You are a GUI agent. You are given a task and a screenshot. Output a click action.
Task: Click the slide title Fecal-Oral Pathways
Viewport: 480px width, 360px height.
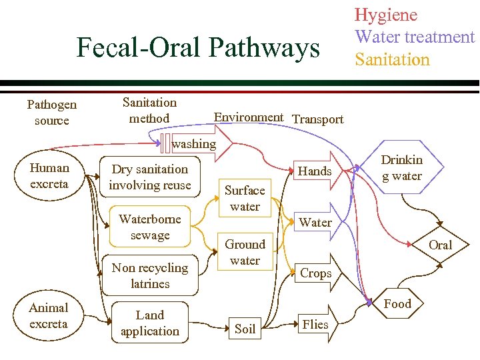(x=198, y=48)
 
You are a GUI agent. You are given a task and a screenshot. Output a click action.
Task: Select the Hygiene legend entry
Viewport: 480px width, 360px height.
(x=385, y=15)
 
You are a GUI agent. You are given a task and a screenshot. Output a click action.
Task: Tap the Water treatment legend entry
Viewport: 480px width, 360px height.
(x=415, y=37)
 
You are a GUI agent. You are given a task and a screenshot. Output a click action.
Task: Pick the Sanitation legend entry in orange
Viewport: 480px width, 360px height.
(x=392, y=59)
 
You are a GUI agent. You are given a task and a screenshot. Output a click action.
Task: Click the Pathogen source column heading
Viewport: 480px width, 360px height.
(x=51, y=112)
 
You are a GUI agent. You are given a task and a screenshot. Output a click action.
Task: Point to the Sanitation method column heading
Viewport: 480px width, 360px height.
(x=149, y=110)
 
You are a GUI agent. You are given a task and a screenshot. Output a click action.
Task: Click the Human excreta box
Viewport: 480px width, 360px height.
(x=49, y=175)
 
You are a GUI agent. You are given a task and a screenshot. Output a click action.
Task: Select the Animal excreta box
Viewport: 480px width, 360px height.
(x=49, y=315)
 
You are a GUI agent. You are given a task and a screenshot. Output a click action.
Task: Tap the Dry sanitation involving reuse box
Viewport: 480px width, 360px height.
(x=150, y=177)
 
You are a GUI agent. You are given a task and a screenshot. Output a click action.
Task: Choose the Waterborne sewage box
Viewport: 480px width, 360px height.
(x=150, y=227)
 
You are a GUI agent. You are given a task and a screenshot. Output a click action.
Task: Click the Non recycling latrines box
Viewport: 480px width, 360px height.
(x=150, y=275)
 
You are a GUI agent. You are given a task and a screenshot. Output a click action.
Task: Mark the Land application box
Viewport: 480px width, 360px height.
(x=150, y=323)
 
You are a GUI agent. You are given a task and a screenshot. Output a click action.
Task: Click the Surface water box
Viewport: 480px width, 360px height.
(x=245, y=198)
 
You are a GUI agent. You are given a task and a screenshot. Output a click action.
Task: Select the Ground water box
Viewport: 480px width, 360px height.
(x=245, y=252)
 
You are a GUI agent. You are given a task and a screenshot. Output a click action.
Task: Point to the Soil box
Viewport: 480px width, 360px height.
(x=245, y=328)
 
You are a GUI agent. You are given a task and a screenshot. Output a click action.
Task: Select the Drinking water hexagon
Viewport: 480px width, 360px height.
(x=402, y=168)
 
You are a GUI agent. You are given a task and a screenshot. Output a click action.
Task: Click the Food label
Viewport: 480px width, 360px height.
(x=398, y=304)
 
